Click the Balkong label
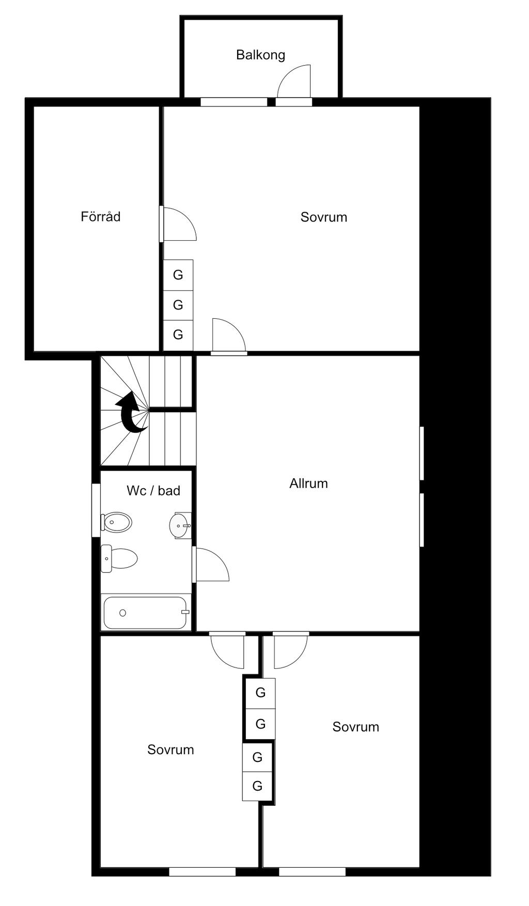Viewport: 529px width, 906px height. tap(260, 55)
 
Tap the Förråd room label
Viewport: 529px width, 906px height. tap(100, 216)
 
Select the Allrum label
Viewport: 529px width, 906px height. tap(308, 483)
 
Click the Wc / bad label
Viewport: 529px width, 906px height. tap(153, 491)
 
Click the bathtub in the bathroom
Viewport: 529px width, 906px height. tap(145, 613)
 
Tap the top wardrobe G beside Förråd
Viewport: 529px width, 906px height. tap(178, 275)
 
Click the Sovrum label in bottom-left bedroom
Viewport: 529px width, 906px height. tap(170, 749)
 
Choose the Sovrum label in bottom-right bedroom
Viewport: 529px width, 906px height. tap(355, 727)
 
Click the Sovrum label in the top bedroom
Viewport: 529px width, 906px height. tap(323, 217)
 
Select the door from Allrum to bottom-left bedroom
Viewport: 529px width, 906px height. tap(228, 649)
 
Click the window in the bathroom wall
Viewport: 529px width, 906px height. tap(96, 510)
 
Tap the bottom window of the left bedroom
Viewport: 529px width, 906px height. tap(203, 872)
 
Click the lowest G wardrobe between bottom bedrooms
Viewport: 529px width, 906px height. tap(257, 786)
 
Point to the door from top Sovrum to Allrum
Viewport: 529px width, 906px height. tap(228, 337)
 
